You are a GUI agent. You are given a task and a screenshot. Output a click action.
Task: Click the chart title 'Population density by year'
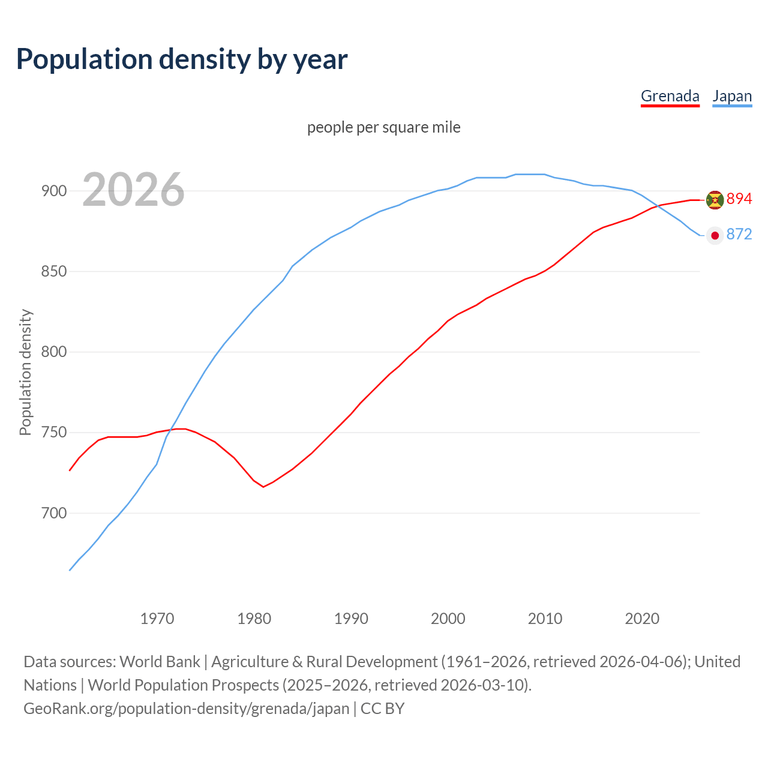(182, 59)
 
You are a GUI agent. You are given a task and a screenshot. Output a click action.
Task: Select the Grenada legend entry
(670, 96)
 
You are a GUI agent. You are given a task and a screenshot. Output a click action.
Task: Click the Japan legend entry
(732, 96)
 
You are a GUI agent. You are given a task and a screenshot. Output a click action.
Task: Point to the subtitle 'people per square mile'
(384, 127)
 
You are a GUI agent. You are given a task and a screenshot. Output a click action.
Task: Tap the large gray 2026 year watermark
(133, 190)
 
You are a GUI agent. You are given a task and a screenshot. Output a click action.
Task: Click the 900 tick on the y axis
(53, 191)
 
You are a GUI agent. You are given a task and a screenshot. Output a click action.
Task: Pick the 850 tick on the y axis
(53, 271)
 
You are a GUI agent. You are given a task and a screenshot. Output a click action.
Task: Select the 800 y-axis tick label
(53, 352)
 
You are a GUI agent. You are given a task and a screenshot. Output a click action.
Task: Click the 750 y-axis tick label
(53, 433)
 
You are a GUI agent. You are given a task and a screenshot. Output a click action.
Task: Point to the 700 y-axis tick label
(53, 513)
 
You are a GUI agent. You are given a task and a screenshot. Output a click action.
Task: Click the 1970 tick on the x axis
(157, 619)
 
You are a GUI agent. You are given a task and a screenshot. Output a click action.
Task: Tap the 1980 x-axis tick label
(254, 619)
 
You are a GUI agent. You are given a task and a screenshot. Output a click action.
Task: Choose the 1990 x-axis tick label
(351, 619)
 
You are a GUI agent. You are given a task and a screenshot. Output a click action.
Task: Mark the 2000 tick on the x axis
(448, 619)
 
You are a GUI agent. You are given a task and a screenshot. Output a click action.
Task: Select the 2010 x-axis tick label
(545, 619)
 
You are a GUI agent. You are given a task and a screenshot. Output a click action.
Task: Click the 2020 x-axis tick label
(642, 619)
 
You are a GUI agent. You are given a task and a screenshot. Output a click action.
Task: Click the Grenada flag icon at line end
(715, 200)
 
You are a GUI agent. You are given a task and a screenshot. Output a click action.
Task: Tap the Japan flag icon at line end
(715, 235)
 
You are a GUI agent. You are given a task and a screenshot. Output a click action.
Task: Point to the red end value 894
(739, 199)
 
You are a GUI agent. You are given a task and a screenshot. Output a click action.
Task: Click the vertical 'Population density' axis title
(25, 372)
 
